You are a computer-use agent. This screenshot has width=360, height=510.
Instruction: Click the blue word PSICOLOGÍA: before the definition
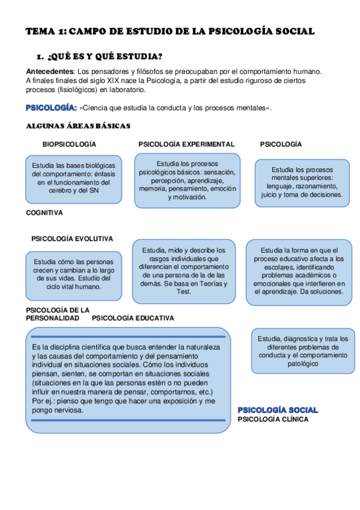pos(50,108)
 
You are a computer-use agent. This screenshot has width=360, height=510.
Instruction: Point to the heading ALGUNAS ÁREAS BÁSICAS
pos(78,126)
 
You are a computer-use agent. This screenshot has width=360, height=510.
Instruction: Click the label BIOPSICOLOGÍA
pos(69,144)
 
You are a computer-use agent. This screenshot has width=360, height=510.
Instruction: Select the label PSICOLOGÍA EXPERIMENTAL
pos(186,144)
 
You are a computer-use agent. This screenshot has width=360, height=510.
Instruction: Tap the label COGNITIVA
pos(44,212)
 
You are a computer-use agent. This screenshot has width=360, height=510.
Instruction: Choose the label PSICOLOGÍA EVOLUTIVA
pos(72,239)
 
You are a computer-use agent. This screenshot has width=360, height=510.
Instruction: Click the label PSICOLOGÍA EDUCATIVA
pos(133,318)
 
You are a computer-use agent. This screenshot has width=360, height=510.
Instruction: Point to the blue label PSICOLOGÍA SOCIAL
pos(278,410)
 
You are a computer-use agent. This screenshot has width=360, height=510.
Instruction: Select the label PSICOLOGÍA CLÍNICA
pos(273,419)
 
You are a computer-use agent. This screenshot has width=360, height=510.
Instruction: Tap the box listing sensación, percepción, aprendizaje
pos(187,180)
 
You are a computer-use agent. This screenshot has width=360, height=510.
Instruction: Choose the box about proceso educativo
pos(299,271)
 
